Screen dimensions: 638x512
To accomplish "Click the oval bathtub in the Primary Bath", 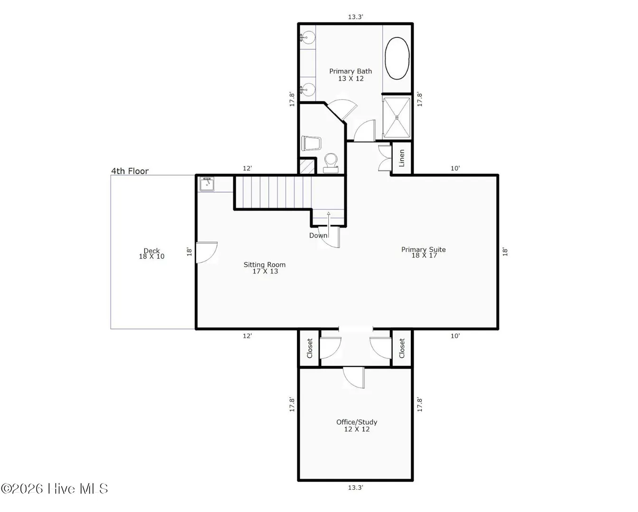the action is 397,58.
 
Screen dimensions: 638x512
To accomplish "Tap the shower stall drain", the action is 397,118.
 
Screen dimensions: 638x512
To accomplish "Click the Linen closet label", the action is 402,158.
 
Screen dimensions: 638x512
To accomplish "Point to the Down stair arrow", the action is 328,225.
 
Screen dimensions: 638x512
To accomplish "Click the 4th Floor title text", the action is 130,171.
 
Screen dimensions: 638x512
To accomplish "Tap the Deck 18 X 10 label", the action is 151,254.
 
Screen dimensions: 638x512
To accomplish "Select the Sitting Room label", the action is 265,268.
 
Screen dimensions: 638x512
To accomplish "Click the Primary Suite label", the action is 424,252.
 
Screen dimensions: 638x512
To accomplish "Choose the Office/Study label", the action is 357,426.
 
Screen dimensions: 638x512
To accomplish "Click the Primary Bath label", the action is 351,75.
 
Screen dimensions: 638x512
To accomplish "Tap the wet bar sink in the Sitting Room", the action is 207,184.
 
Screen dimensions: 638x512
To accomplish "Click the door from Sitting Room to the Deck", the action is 207,252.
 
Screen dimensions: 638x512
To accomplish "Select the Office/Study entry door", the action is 354,377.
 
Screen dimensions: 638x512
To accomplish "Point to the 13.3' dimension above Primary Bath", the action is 355,17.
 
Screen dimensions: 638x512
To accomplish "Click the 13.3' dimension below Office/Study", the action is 355,487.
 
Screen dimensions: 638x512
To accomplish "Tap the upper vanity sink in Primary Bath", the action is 308,37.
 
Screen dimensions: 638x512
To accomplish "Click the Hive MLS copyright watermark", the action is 54,489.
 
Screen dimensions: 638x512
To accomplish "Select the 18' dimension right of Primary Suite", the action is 505,252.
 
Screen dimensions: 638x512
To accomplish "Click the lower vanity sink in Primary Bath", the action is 308,90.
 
